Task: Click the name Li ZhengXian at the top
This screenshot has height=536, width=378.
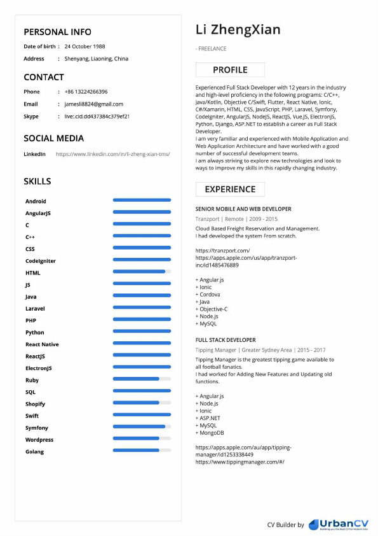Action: (238, 30)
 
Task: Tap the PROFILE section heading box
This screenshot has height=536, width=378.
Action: (230, 70)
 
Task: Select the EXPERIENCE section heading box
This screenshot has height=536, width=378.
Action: (230, 189)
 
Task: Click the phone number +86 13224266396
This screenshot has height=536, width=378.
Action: (86, 92)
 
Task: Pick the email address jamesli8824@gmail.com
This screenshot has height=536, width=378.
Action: (93, 104)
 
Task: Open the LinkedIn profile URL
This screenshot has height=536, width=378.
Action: (112, 154)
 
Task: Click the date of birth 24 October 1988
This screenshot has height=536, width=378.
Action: (84, 46)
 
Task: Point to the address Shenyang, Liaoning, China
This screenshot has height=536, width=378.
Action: (96, 59)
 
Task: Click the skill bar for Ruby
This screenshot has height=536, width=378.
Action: (142, 379)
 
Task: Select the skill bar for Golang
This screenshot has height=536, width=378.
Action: (142, 450)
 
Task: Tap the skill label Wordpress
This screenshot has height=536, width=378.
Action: (39, 440)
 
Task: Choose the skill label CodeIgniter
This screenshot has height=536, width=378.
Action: (41, 261)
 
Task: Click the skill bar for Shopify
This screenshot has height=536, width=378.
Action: (142, 402)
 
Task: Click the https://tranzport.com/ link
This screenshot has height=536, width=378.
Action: (222, 251)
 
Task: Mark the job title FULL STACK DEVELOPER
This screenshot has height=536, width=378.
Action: (226, 340)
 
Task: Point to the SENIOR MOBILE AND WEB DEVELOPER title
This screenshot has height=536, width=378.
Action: (243, 209)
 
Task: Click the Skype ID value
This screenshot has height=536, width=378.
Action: (97, 116)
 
